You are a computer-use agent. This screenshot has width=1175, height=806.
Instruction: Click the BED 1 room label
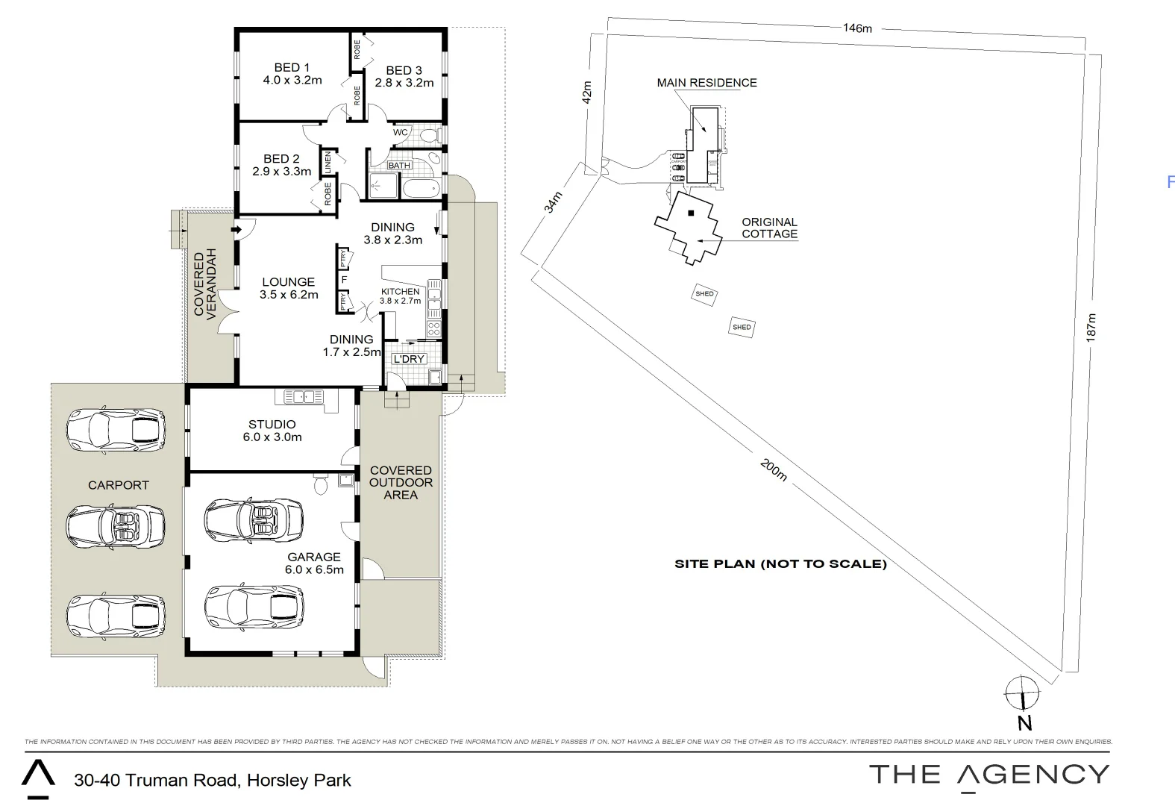click(292, 68)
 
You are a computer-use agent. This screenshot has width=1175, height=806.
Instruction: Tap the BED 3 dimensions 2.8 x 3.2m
click(404, 83)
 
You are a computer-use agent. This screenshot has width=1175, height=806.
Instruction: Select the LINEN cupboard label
click(327, 164)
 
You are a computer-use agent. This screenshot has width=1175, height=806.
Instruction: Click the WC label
click(401, 133)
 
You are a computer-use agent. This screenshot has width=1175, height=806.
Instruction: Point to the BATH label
click(399, 166)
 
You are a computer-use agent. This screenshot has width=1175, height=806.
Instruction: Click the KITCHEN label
click(400, 292)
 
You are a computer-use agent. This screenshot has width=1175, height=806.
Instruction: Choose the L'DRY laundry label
click(408, 359)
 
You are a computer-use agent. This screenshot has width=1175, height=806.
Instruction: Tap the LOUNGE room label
click(288, 282)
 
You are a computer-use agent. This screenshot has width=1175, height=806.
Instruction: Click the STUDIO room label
click(272, 424)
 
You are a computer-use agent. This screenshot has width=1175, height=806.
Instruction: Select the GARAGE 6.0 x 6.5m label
click(314, 563)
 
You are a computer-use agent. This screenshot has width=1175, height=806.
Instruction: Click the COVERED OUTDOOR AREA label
click(401, 482)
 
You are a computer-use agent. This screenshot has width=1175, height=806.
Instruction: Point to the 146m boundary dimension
click(857, 28)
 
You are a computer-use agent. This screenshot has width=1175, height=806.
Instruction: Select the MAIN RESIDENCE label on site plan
click(706, 83)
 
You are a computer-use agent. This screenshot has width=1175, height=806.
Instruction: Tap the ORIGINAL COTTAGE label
click(769, 228)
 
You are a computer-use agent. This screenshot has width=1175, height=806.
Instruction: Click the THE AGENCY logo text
click(989, 775)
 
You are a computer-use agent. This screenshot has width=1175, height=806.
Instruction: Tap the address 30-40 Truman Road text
click(212, 781)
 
